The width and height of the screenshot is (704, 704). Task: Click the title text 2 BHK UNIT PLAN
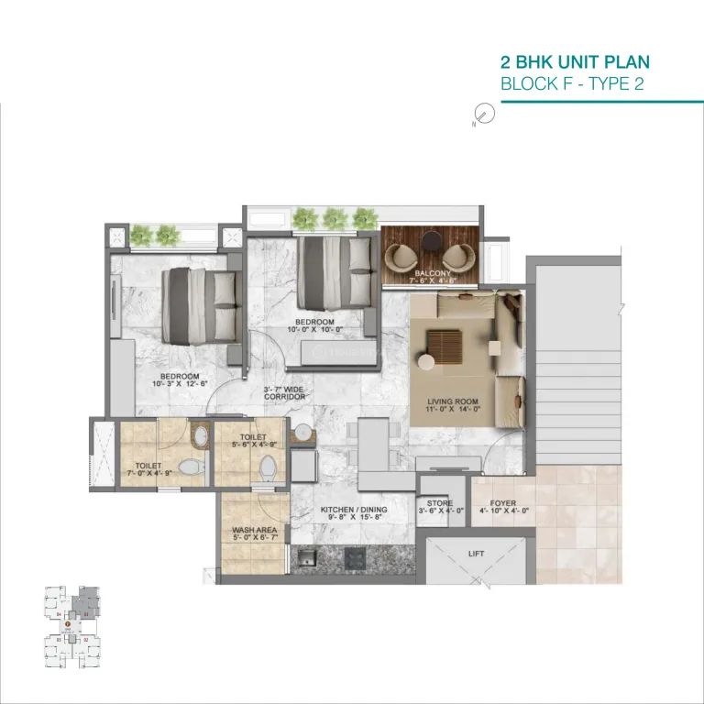574,62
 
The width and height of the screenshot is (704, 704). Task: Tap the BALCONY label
430,272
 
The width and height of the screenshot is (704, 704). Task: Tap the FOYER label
502,503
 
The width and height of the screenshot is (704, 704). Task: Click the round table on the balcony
430,241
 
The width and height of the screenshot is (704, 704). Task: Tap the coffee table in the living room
449,348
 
